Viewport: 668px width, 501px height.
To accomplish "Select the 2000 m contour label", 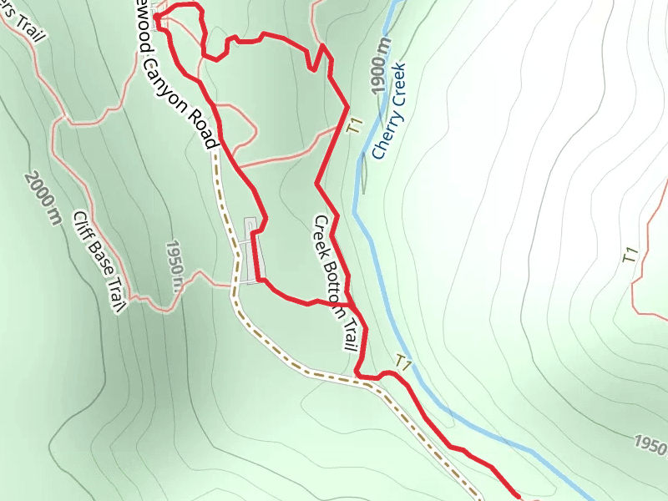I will [x=43, y=199].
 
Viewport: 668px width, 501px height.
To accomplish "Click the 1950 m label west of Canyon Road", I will [x=174, y=266].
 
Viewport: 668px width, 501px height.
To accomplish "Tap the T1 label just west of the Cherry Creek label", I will [x=357, y=126].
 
